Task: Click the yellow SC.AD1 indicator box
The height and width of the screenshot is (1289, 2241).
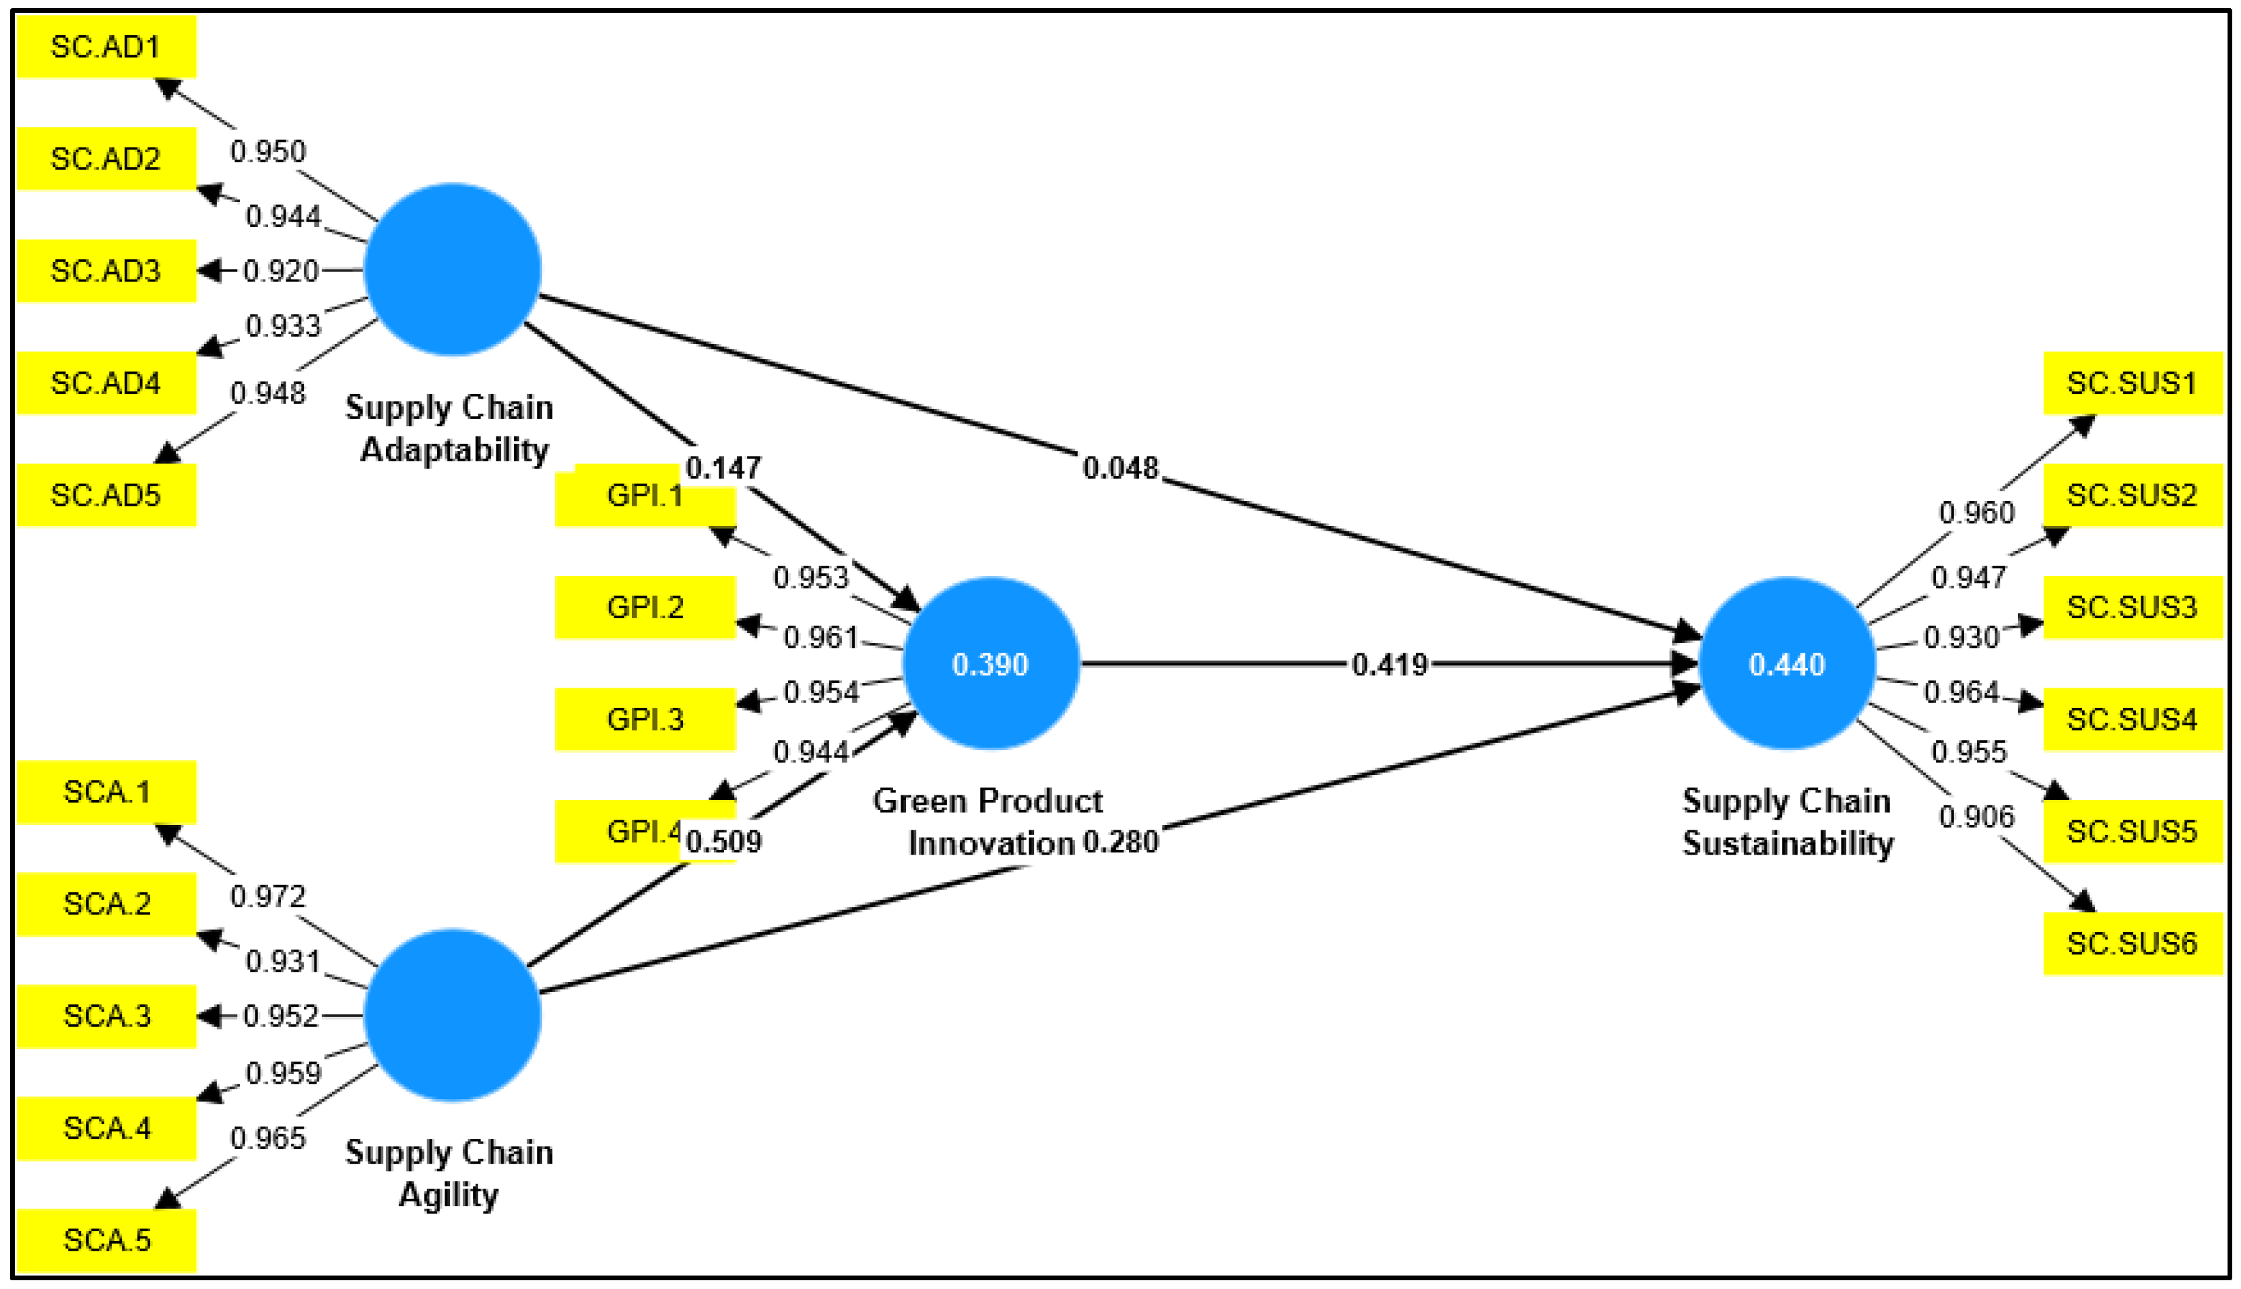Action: pyautogui.click(x=106, y=47)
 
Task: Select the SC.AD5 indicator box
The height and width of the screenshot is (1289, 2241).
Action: pyautogui.click(x=106, y=495)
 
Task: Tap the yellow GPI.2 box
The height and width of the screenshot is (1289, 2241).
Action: pyautogui.click(x=645, y=607)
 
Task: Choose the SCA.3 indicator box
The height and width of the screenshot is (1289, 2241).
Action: pyautogui.click(x=106, y=1016)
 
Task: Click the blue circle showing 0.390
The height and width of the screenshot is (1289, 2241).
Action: pyautogui.click(x=991, y=664)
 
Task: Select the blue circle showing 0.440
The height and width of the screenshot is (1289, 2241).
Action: pyautogui.click(x=1787, y=664)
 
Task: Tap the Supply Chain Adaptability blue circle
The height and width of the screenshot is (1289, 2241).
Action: pyautogui.click(x=453, y=270)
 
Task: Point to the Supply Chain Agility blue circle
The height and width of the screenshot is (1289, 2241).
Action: pyautogui.click(x=453, y=1016)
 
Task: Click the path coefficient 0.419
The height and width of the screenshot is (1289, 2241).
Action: pyautogui.click(x=1389, y=665)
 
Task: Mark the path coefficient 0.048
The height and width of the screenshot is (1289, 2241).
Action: pyautogui.click(x=1120, y=467)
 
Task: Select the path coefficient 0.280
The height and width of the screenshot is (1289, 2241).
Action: pyautogui.click(x=1120, y=841)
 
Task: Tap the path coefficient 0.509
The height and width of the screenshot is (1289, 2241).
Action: pyautogui.click(x=723, y=841)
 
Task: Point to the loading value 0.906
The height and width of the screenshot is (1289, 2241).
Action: pyautogui.click(x=1976, y=816)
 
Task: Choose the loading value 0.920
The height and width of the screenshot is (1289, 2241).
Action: pyautogui.click(x=281, y=271)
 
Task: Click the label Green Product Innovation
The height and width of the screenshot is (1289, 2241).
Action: pyautogui.click(x=988, y=822)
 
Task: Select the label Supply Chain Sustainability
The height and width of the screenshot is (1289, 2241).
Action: pyautogui.click(x=1787, y=822)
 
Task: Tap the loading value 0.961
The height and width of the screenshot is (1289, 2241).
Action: pyautogui.click(x=821, y=637)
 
